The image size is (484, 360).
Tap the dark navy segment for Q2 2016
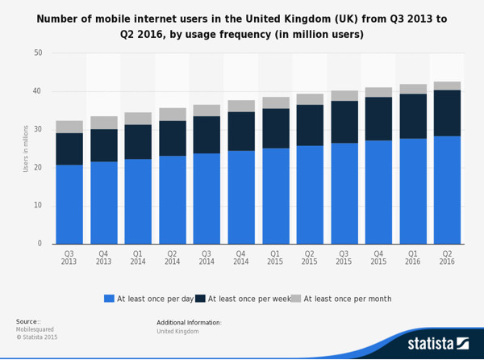point(447,113)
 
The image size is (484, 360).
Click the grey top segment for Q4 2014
point(241,106)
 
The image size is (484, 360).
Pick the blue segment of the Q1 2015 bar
point(275,195)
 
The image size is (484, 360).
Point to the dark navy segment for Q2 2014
point(173,138)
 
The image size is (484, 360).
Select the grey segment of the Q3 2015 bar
point(344,95)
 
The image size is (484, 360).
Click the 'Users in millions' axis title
point(26,148)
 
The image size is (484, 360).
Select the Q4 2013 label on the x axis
point(104,257)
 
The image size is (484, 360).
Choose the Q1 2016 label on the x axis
point(412,257)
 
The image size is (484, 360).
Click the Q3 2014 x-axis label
point(207,257)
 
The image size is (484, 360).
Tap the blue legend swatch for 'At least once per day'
point(110,299)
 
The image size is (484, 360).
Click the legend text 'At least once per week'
point(248,299)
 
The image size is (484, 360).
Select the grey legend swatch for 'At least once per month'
point(296,299)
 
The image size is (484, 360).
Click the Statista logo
point(438,343)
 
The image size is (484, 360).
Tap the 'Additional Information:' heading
point(189,322)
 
